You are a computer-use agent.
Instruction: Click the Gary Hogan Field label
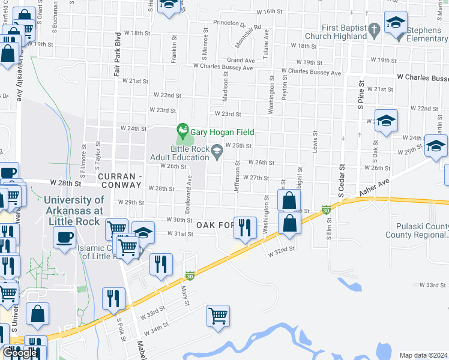click(223, 132)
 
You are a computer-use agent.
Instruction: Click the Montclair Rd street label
click(249, 36)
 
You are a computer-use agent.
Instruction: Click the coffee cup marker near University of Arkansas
click(64, 236)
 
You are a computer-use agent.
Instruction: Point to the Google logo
click(20, 353)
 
